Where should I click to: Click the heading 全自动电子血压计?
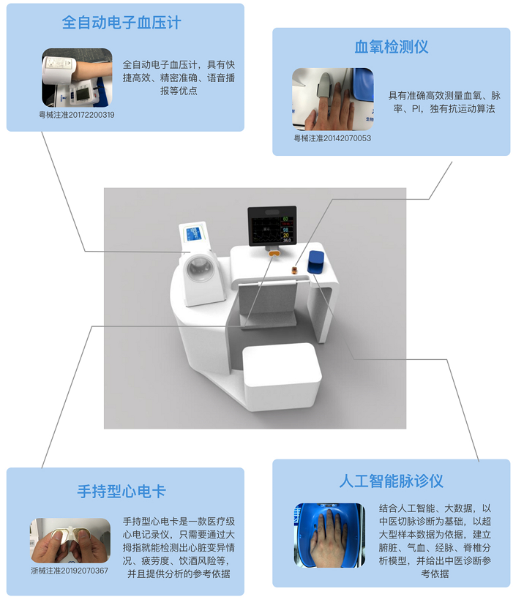pyautogui.click(x=121, y=23)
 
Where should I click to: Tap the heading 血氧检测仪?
pyautogui.click(x=392, y=48)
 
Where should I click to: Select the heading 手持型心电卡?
pyautogui.click(x=121, y=491)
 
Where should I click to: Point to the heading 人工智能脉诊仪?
pyautogui.click(x=392, y=481)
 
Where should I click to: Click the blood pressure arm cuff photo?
pyautogui.click(x=77, y=78)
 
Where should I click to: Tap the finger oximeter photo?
pyautogui.click(x=332, y=99)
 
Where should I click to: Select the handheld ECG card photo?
pyautogui.click(x=70, y=541)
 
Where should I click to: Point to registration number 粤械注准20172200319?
pyautogui.click(x=77, y=115)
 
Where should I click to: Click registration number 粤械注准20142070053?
pyautogui.click(x=332, y=138)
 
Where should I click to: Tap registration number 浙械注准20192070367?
pyautogui.click(x=70, y=570)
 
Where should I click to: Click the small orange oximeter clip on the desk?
pyautogui.click(x=294, y=270)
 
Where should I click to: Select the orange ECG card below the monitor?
pyautogui.click(x=273, y=253)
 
